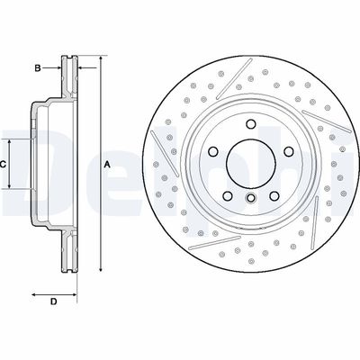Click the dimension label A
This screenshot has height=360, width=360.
[107, 164]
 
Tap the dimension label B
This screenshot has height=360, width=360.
[38, 67]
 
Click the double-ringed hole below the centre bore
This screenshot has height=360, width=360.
[251, 196]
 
